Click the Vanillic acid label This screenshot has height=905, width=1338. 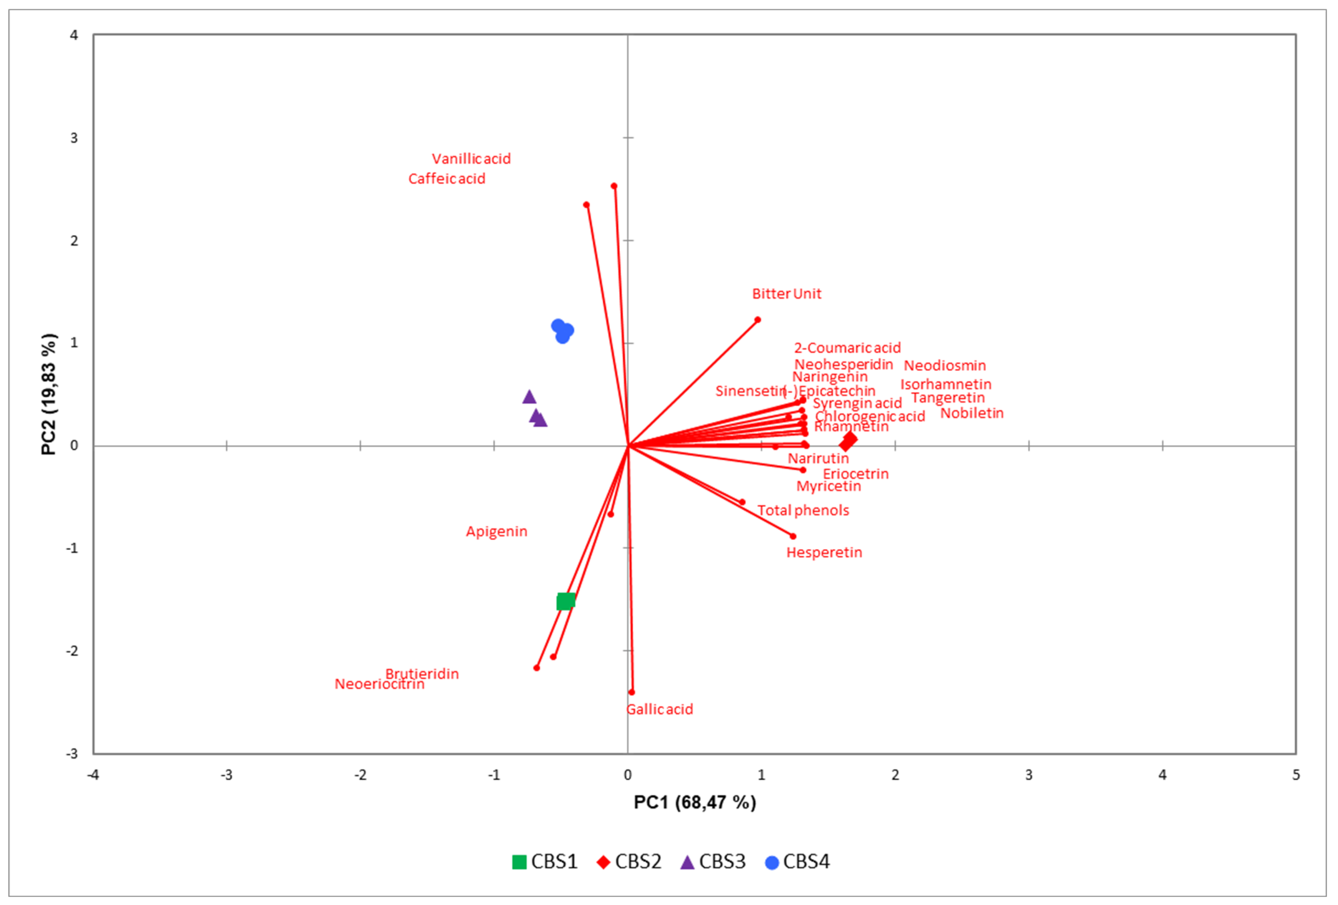pyautogui.click(x=471, y=159)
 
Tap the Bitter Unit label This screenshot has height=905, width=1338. pyautogui.click(x=786, y=294)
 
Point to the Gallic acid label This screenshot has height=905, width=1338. pyautogui.click(x=660, y=709)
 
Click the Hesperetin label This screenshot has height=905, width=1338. pyautogui.click(x=824, y=552)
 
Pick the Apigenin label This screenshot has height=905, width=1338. pyautogui.click(x=496, y=531)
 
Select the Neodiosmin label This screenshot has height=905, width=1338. pyautogui.click(x=944, y=365)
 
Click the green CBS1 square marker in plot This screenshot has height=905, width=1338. pyautogui.click(x=565, y=601)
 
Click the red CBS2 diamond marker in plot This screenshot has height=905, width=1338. pyautogui.click(x=848, y=441)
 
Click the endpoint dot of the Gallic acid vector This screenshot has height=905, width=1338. pyautogui.click(x=632, y=692)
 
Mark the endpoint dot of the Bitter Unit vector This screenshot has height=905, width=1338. pyautogui.click(x=757, y=320)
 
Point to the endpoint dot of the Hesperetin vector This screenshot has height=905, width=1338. pyautogui.click(x=792, y=536)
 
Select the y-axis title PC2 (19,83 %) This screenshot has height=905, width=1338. pyautogui.click(x=50, y=394)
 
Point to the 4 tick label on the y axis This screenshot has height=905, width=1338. pyautogui.click(x=74, y=35)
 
